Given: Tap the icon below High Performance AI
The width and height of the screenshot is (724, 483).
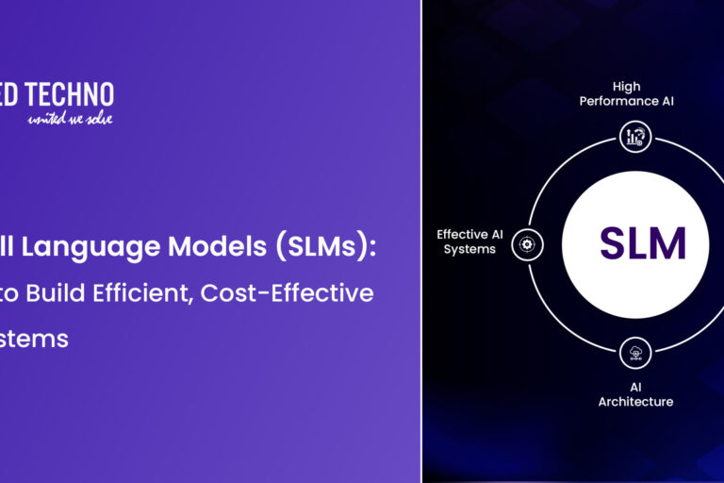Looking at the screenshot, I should coord(633,137).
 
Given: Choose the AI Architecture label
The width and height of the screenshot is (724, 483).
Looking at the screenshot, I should coord(635,394).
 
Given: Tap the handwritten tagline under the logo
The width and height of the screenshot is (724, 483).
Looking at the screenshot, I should coord(70,118).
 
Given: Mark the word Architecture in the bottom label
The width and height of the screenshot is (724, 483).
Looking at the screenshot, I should coord(635,402).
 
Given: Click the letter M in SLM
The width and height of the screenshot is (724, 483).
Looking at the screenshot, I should coord(668,243).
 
